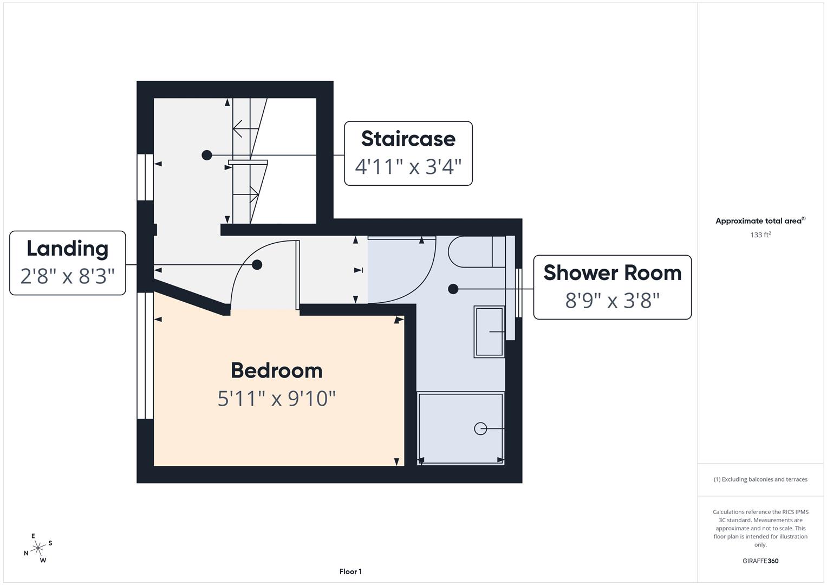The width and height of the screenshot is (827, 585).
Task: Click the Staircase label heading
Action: tap(408, 139)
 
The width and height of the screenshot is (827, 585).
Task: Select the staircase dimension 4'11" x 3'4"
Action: tap(408, 167)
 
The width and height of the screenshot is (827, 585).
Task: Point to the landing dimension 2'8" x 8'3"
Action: tap(67, 276)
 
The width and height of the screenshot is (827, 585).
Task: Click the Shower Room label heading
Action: tap(612, 273)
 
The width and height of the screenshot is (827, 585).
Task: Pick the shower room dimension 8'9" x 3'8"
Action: tap(612, 300)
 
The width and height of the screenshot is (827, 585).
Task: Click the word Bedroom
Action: tap(277, 370)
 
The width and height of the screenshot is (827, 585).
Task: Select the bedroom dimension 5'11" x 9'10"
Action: tap(277, 399)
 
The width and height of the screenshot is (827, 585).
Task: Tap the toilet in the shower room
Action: tap(476, 251)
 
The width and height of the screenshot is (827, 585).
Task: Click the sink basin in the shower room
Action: tap(489, 331)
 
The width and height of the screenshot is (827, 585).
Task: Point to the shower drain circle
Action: tap(480, 429)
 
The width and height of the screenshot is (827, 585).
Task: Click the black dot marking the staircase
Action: tap(207, 155)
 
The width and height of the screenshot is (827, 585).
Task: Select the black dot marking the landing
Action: tap(257, 265)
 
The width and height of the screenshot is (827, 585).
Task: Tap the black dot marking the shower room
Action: tap(453, 289)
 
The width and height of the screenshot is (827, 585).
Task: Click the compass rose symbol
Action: tap(38, 548)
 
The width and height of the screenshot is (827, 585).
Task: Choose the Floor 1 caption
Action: tap(350, 571)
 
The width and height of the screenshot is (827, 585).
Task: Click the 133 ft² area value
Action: tap(760, 235)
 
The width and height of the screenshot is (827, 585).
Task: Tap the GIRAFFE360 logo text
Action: tap(760, 561)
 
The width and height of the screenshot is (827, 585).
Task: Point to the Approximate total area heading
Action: tap(760, 221)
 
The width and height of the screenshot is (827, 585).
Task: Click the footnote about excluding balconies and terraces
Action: tap(760, 479)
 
